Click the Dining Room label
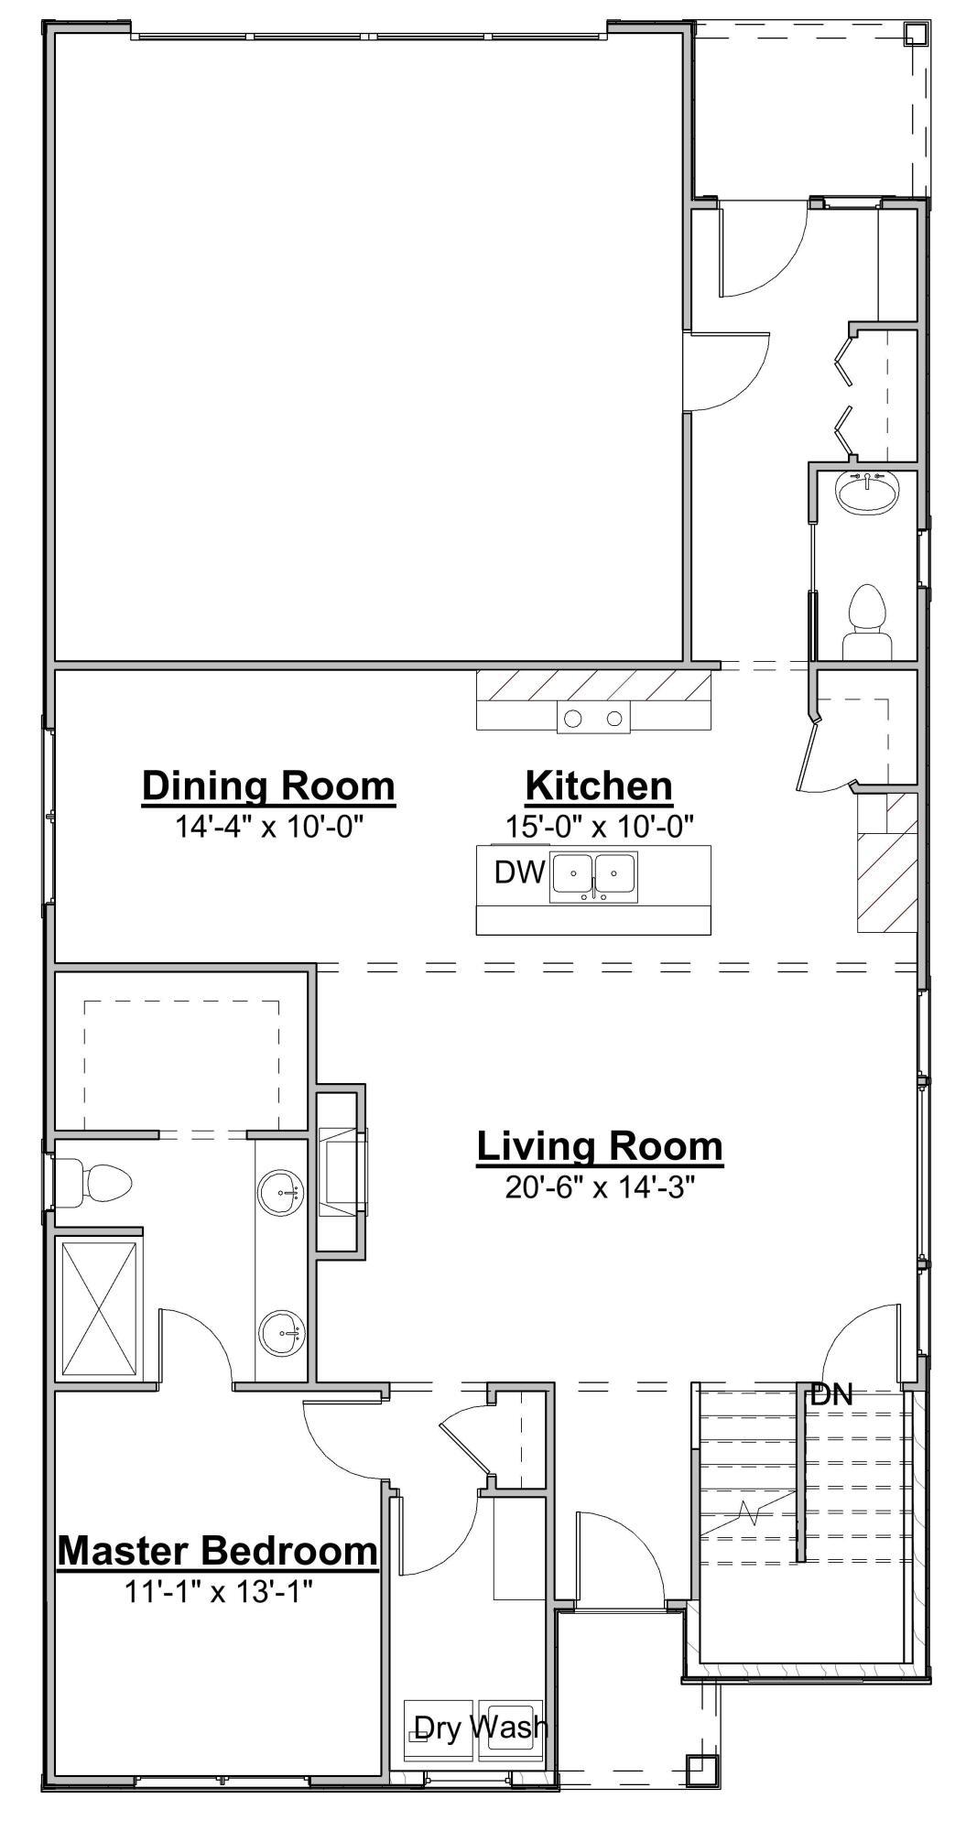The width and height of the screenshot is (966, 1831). pos(268,786)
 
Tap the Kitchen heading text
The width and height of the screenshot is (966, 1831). pos(599,786)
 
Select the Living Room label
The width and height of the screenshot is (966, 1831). pos(600,1146)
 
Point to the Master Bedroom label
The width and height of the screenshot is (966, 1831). pos(218,1551)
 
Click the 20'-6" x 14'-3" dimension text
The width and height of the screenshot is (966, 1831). pos(600,1187)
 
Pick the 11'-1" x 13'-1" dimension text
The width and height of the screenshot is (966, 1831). pos(219,1592)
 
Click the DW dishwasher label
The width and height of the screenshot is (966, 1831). pos(519,872)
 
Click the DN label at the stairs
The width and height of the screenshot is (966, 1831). pos(831,1395)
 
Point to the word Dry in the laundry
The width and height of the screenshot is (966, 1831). pos(437,1727)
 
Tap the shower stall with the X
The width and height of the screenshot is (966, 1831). pos(99,1308)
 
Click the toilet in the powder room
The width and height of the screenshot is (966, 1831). pos(866,619)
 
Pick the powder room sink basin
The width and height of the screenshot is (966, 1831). pos(866,495)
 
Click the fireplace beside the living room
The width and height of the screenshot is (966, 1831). pos(342,1172)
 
